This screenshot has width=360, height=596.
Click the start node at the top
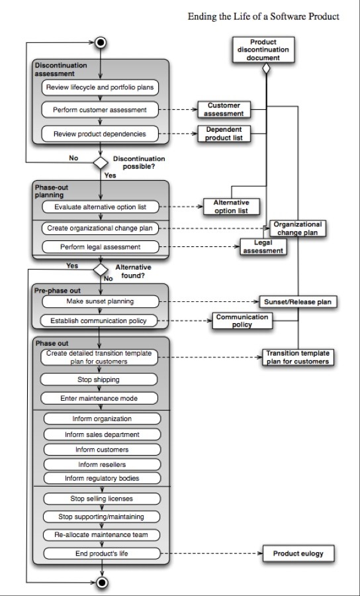tap(101, 42)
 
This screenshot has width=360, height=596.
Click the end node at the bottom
tap(102, 582)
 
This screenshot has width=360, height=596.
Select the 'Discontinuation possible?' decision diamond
tap(101, 163)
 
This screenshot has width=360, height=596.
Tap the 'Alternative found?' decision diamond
tap(101, 270)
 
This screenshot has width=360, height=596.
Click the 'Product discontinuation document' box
tap(263, 50)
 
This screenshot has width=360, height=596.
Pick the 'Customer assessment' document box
tap(224, 109)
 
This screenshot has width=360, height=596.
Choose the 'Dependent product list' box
tap(224, 134)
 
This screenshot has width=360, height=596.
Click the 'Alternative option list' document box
tap(231, 207)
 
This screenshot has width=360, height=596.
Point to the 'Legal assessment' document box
tap(263, 247)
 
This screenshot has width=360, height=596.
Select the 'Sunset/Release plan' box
tap(298, 302)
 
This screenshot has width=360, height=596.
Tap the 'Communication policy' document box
tap(242, 321)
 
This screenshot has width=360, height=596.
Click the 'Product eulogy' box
tap(298, 554)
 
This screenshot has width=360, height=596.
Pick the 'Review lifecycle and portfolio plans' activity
tap(100, 87)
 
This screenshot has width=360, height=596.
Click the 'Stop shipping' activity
tap(99, 379)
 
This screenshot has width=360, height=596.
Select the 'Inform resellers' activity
tap(102, 464)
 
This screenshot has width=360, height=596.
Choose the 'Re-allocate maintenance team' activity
tap(101, 535)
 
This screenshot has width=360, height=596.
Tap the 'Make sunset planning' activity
tap(100, 301)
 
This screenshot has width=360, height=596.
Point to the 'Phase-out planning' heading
tap(49, 191)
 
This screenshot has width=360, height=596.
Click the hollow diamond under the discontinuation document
tap(266, 68)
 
